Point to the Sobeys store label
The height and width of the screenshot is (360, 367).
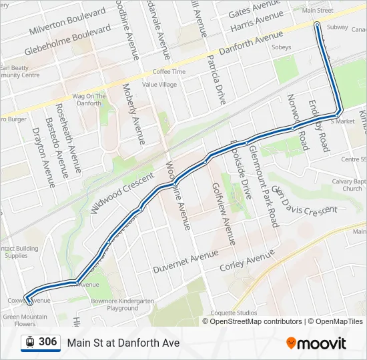pyautogui.click(x=282, y=47)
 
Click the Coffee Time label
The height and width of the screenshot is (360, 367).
pyautogui.click(x=169, y=71)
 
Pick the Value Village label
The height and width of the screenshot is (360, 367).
pyautogui.click(x=159, y=85)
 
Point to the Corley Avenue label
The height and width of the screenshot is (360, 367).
pyautogui.click(x=248, y=261)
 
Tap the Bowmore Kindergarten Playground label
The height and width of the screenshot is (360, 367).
pyautogui.click(x=122, y=305)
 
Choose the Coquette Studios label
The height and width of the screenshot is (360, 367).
pyautogui.click(x=234, y=313)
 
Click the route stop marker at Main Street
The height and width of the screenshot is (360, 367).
pyautogui.click(x=317, y=25)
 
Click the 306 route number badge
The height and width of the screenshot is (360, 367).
pyautogui.click(x=47, y=342)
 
